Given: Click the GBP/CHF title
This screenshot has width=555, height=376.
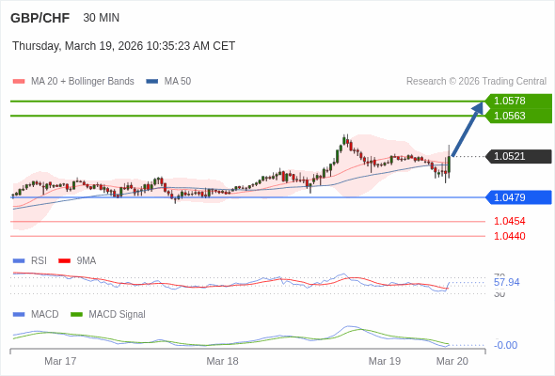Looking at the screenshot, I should click(40, 18).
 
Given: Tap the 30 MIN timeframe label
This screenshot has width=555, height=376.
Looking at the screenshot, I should click(101, 18).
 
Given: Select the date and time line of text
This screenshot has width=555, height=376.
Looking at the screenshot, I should click(123, 46).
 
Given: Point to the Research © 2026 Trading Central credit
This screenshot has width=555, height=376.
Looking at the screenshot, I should click(476, 82).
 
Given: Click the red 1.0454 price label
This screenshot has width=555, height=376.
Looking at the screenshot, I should click(509, 222).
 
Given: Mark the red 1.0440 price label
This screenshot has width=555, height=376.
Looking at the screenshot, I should click(509, 236).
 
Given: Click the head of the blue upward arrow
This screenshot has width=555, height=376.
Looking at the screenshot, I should click(481, 106).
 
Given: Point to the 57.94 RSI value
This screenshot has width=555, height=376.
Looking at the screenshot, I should click(506, 282).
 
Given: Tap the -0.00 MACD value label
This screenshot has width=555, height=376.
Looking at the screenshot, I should click(505, 345).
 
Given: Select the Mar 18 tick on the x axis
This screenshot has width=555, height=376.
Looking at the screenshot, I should click(223, 361).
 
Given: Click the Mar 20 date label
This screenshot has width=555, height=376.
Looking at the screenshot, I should click(452, 361).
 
